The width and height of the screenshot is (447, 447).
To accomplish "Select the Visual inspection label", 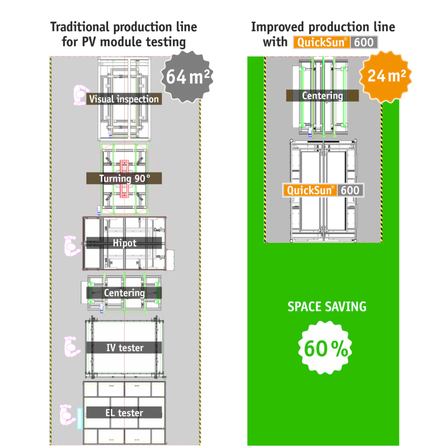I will click(x=124, y=99).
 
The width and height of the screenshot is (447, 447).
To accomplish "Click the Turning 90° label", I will click(x=124, y=178).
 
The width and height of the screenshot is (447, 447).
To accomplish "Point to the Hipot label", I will click(x=124, y=243).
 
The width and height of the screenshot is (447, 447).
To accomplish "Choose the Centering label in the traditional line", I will click(x=124, y=293).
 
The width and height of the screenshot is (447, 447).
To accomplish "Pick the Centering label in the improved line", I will click(x=322, y=96).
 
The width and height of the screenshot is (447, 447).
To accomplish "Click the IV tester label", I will click(x=124, y=348).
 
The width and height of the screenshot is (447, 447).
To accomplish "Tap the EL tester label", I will click(x=124, y=413).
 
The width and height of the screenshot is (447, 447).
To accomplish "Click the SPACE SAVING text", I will click(x=327, y=306).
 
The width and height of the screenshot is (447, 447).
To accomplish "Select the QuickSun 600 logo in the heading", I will click(x=335, y=42).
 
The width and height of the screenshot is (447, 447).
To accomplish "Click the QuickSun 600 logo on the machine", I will click(x=323, y=190).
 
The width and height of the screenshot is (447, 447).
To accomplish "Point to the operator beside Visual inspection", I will click(x=79, y=95).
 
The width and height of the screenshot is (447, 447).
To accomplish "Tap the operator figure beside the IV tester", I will click(x=71, y=347).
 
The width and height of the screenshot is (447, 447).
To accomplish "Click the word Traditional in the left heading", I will click(x=79, y=27).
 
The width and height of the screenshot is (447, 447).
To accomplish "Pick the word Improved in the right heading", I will click(x=278, y=27).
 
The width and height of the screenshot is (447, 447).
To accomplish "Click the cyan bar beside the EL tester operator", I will click(x=79, y=418).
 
